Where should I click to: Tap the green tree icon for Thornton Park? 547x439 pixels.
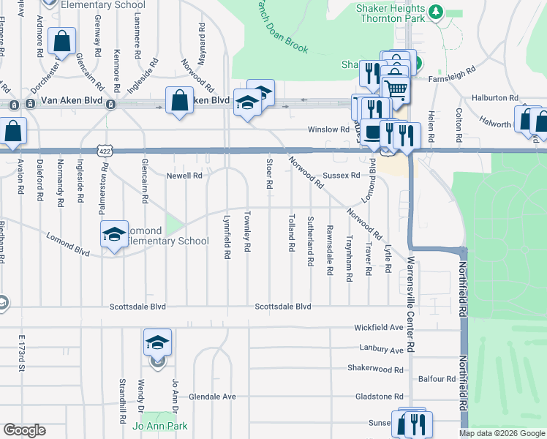tap(436, 12)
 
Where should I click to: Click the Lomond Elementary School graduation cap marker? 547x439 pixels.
tap(113, 235)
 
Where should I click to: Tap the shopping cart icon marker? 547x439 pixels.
tap(396, 89)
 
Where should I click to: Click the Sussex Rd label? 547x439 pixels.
tap(342, 176)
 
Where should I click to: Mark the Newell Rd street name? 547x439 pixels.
tap(184, 176)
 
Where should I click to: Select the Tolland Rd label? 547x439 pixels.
tap(292, 233)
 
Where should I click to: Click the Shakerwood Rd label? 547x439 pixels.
tap(375, 369)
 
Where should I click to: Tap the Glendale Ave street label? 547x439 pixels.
tap(212, 397)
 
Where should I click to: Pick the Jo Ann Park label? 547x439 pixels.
tap(159, 426)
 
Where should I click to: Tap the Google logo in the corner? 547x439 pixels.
tap(24, 430)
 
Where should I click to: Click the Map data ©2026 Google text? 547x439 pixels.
tap(501, 433)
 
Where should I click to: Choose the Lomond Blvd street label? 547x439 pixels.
tap(67, 244)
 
